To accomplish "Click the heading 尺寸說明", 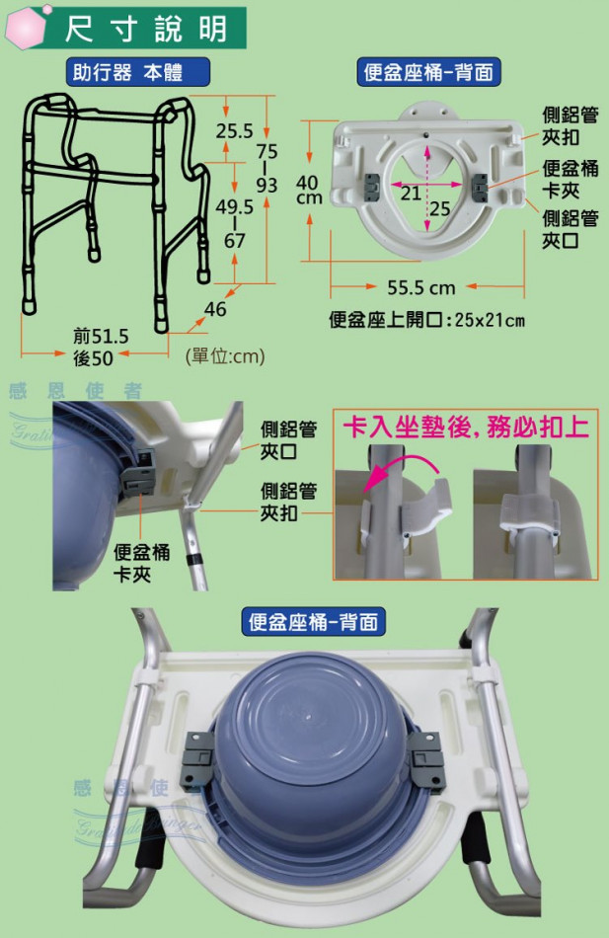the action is pos(146,28).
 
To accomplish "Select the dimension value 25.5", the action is pos(234,130).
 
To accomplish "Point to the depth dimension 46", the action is pos(215,309).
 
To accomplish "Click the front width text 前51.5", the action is pos(101,336).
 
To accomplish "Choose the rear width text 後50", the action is pos(93,357).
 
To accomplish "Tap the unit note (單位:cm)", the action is pos(225,356).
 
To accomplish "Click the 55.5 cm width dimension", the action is pos(421,287).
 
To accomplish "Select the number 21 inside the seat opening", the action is pos(411,194).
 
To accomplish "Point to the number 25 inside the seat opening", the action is pos(439,208).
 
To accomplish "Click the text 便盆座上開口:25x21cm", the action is pos(426,320).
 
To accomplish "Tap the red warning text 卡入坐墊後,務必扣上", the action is pos(466,428).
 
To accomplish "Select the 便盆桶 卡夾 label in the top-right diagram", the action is pos(570,179).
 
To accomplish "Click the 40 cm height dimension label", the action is pos(309,190).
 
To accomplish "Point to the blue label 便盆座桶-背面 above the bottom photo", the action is pos(313,622).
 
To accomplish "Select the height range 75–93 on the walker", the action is pos(266,168).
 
